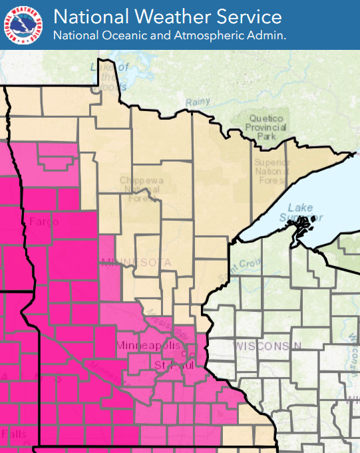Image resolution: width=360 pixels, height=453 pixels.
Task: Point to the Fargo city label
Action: (x=45, y=222)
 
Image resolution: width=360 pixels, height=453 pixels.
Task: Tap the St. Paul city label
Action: (x=174, y=366)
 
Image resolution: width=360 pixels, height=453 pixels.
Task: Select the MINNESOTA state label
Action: (x=136, y=263)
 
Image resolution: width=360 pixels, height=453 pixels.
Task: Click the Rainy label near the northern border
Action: (x=198, y=102)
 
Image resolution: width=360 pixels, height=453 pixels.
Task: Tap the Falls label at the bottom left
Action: (x=14, y=434)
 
